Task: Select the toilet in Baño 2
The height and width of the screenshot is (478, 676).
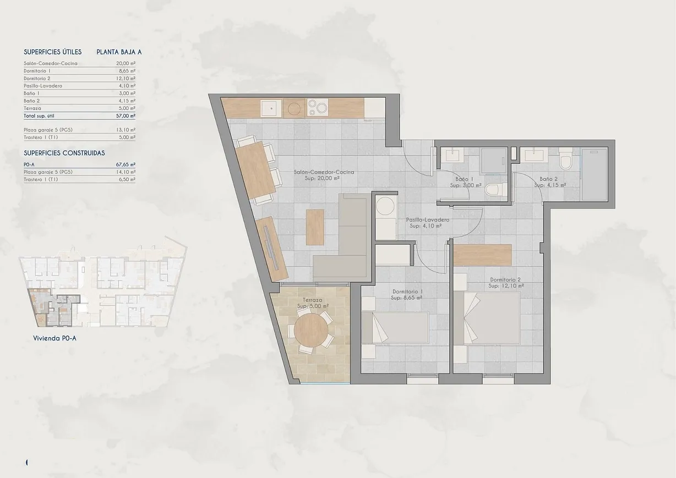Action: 566,162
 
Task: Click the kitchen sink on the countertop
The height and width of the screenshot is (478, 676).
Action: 270,108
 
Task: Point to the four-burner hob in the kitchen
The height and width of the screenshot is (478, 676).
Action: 318,107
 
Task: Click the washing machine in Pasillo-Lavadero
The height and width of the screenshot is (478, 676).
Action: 384,209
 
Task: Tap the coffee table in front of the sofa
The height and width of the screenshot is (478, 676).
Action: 315,227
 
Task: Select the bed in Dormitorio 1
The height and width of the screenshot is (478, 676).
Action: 395,328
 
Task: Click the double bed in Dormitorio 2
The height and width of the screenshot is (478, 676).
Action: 492,319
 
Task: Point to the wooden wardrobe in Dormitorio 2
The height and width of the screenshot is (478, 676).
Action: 483,255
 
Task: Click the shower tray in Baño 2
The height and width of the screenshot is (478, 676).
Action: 594,174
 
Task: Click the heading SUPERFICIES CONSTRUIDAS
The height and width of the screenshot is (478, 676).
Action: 64,153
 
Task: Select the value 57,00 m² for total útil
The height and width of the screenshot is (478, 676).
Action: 126,116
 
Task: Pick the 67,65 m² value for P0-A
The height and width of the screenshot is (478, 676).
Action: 126,164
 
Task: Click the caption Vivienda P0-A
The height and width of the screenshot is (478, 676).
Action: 54,339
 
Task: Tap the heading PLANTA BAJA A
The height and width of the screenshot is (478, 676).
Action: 119,52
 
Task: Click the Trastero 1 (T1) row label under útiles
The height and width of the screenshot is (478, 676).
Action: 41,138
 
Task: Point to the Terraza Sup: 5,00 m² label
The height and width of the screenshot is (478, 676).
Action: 312,303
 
